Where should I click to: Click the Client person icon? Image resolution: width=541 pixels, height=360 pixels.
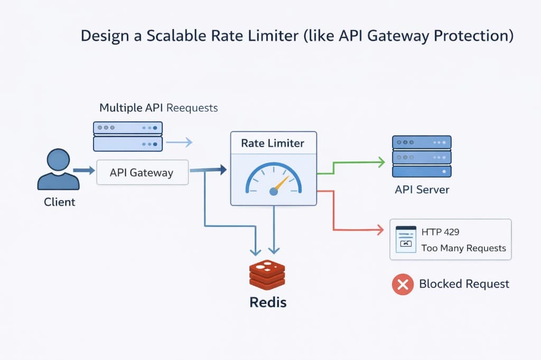[x=58, y=169]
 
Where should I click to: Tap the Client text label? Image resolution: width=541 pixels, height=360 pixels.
[x=59, y=202]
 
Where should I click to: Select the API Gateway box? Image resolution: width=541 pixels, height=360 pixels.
[x=142, y=173]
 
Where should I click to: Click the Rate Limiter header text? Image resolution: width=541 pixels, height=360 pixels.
[x=273, y=143]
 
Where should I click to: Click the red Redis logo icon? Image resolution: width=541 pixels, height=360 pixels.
[x=267, y=275]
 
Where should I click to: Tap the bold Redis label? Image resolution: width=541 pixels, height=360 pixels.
[x=267, y=302]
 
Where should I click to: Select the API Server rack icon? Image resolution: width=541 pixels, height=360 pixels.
[x=422, y=156]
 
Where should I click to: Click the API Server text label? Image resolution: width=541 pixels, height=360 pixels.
[x=422, y=190]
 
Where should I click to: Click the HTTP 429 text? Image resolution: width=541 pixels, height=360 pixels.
[x=441, y=232]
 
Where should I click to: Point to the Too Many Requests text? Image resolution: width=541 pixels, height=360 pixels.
[x=463, y=248]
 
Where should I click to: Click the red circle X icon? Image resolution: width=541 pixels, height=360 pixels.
[x=402, y=285]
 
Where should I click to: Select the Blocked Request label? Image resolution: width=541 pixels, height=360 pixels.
[x=464, y=284]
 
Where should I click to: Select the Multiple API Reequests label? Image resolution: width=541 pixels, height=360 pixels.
[x=158, y=108]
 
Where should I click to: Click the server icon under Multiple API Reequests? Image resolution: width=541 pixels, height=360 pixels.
[x=128, y=136]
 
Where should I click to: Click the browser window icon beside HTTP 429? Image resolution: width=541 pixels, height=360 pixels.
[x=406, y=239]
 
